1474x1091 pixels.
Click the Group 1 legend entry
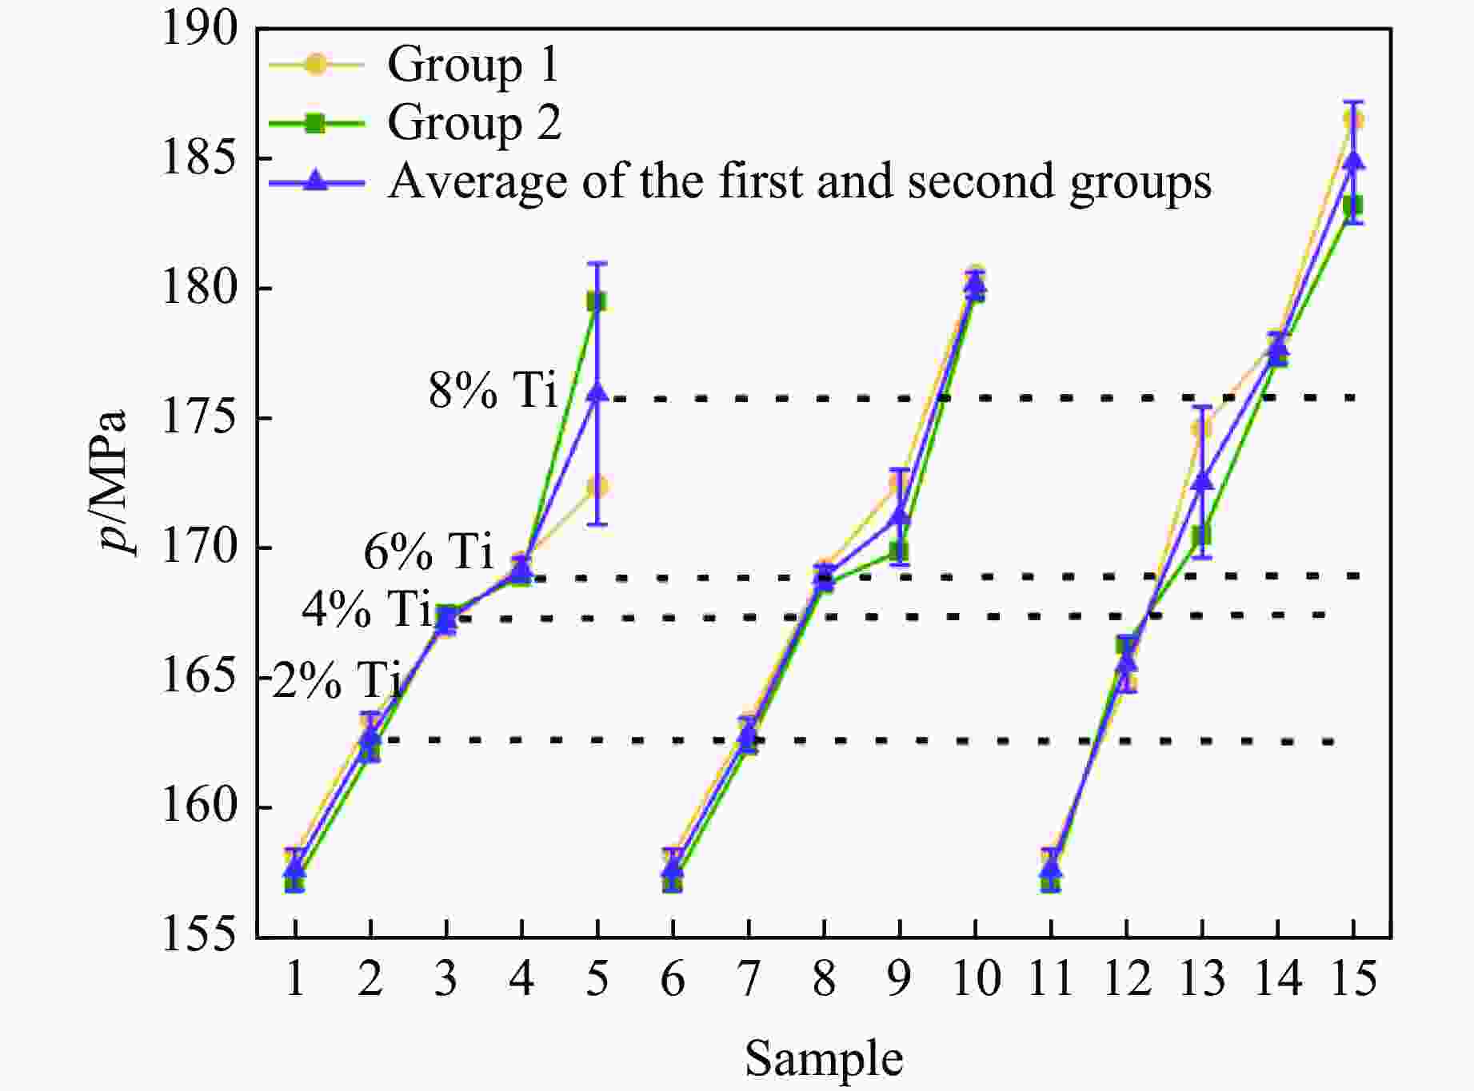tap(473, 64)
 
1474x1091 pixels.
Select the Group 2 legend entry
tap(474, 123)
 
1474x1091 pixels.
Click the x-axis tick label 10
tap(976, 978)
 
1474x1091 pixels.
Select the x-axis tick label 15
tap(1353, 978)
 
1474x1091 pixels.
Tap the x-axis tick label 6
tap(673, 978)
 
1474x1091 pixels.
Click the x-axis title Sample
tap(824, 1059)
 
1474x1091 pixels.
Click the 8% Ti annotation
tap(493, 392)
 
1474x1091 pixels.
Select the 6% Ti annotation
tap(428, 551)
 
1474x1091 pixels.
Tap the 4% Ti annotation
tap(367, 610)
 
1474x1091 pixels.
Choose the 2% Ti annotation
tap(337, 681)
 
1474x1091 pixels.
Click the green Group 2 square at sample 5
tap(597, 301)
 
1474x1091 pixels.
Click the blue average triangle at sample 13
tap(1202, 481)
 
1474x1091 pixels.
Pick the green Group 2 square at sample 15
tap(1353, 205)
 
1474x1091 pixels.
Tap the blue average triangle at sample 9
tap(900, 516)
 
